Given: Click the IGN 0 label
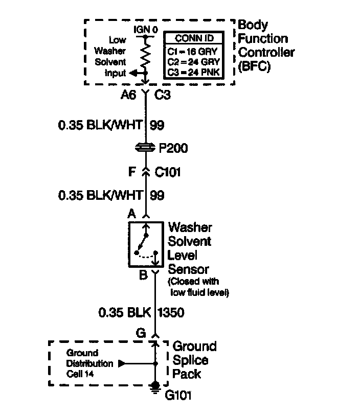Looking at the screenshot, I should (145, 30).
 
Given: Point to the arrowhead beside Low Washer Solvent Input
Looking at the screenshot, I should (132, 73).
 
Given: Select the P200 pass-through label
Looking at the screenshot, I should (173, 149).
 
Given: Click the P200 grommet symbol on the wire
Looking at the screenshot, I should (146, 148).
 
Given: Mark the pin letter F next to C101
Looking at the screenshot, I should (131, 172).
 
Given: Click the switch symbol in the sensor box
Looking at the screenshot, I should (145, 244).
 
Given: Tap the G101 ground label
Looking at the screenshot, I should (176, 395).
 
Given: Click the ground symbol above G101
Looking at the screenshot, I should (154, 387).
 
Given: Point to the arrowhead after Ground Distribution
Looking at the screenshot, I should (122, 364).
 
